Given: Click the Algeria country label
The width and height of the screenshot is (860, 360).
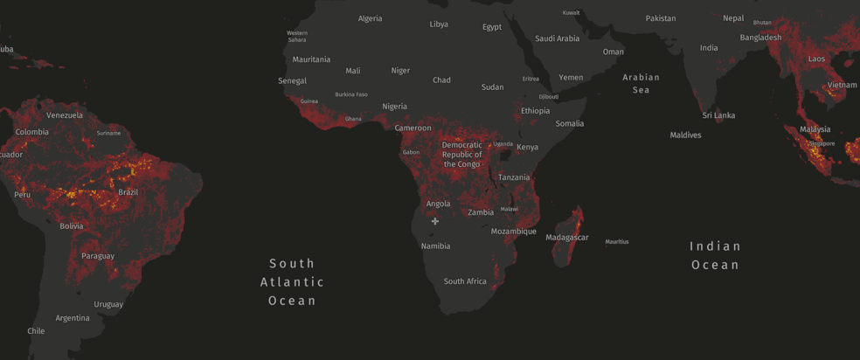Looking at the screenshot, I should [370, 18].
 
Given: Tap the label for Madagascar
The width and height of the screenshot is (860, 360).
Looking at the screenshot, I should [567, 238].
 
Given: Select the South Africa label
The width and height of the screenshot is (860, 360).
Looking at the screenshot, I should [465, 281].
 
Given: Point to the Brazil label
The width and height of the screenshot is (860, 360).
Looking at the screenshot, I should [128, 192].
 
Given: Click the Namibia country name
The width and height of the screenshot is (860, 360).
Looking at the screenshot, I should [435, 246].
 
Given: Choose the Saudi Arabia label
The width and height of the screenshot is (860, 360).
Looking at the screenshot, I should [557, 38].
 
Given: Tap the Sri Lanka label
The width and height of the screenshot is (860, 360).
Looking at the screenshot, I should [718, 115].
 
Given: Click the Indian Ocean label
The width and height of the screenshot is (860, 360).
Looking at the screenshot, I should [715, 255].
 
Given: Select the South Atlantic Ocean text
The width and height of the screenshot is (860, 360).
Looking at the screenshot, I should [292, 281].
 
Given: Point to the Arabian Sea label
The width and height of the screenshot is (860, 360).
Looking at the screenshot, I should [641, 83].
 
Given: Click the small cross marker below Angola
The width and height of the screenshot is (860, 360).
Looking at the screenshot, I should [435, 221].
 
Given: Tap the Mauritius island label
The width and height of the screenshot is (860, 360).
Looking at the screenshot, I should [617, 242].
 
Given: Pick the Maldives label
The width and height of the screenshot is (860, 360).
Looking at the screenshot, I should [685, 135].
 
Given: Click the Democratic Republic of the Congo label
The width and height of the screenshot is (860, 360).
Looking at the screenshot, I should [461, 155].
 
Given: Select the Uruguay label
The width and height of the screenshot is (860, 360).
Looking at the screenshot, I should [108, 305].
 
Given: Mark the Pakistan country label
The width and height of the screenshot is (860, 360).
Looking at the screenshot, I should [661, 18].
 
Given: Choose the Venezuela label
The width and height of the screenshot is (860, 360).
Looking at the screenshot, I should [65, 115].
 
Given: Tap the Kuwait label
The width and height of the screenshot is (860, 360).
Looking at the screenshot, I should [571, 13].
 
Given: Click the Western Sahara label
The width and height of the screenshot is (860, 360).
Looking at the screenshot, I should [297, 36].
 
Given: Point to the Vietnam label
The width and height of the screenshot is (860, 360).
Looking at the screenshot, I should [843, 85].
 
